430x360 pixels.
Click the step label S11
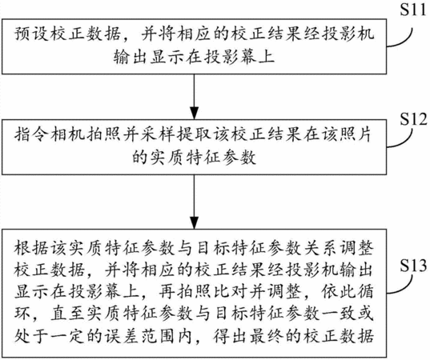point(413,10)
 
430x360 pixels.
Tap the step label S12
point(413,119)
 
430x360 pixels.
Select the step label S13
point(413,266)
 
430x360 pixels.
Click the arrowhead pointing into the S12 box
point(194,114)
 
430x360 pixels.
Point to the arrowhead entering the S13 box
point(194,223)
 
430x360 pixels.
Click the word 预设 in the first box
point(32,34)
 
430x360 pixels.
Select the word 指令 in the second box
point(32,135)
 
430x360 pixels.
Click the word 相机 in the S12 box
point(67,135)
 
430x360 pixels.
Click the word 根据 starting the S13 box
point(32,249)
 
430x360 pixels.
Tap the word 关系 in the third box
point(319,249)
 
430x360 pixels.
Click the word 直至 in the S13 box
point(68,314)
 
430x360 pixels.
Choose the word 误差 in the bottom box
point(122,336)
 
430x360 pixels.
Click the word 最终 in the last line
point(266,336)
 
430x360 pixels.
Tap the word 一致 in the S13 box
point(338,314)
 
